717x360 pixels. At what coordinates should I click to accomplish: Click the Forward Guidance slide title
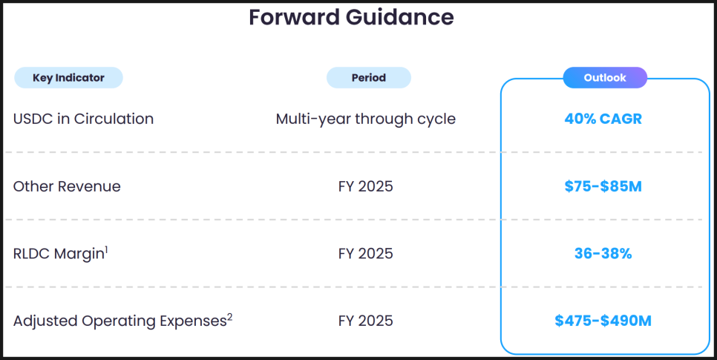coord(351,18)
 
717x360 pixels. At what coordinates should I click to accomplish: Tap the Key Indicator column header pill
coord(68,78)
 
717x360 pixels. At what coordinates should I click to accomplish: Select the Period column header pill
coord(369,78)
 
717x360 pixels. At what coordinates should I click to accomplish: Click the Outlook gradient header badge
coord(605,78)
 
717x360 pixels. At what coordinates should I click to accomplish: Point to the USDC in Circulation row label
coord(83,119)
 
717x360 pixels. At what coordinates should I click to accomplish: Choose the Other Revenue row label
coord(67,186)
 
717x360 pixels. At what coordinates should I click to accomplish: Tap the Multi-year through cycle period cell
coord(366,119)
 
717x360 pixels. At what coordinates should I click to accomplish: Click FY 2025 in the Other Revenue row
coord(366,186)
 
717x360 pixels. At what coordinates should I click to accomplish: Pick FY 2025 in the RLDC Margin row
coord(366,253)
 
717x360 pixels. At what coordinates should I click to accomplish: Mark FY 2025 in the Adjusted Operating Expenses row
coord(366,321)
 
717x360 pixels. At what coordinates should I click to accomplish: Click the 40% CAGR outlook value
coord(603,119)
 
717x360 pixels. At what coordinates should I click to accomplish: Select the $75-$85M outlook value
coord(603,186)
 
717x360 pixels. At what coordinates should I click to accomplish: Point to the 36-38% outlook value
coord(603,253)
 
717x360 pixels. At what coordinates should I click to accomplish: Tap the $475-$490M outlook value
coord(603,321)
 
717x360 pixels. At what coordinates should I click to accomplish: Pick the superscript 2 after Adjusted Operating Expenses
coord(229,317)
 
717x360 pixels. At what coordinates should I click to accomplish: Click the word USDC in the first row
coord(33,119)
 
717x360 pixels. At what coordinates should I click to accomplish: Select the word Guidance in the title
coord(399,18)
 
